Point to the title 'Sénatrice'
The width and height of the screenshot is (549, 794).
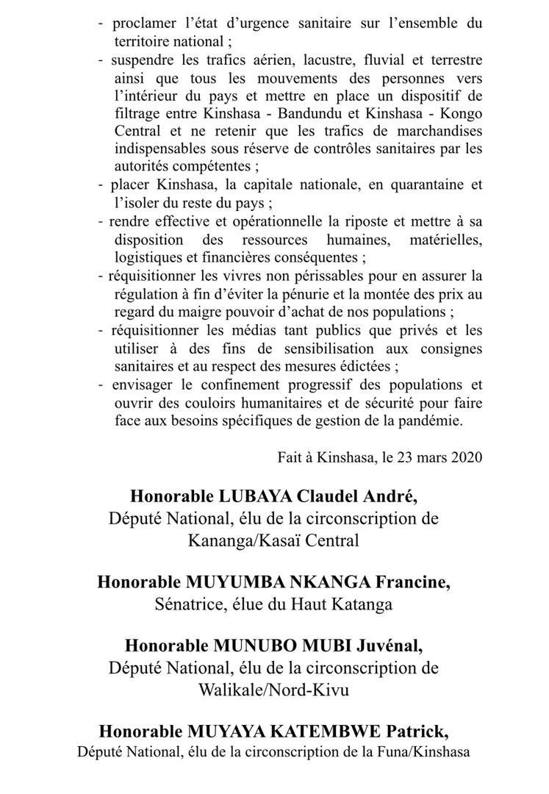click(187, 604)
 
